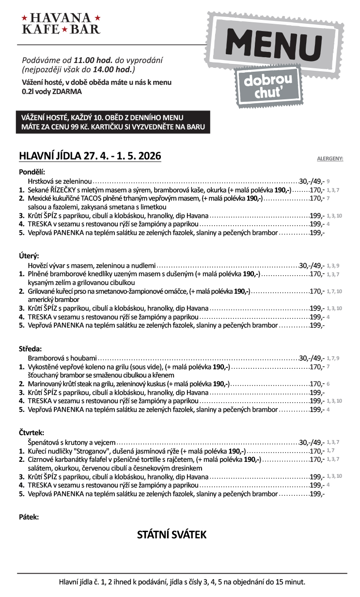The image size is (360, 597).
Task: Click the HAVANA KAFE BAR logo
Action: tap(61, 24)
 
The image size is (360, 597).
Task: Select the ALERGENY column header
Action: tap(330, 158)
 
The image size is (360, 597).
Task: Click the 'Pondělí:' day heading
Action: tap(31, 172)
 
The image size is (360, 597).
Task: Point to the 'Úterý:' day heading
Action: tap(29, 255)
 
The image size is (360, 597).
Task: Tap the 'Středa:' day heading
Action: tap(31, 348)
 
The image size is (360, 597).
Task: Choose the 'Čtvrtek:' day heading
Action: tap(31, 432)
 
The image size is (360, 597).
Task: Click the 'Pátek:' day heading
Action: tap(29, 517)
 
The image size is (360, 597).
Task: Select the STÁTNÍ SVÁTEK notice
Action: tap(172, 535)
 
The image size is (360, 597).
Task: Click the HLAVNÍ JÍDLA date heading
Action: tap(90, 156)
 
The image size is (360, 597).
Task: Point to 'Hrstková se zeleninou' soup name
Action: tap(60, 180)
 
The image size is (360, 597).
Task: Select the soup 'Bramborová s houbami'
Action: tap(62, 358)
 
